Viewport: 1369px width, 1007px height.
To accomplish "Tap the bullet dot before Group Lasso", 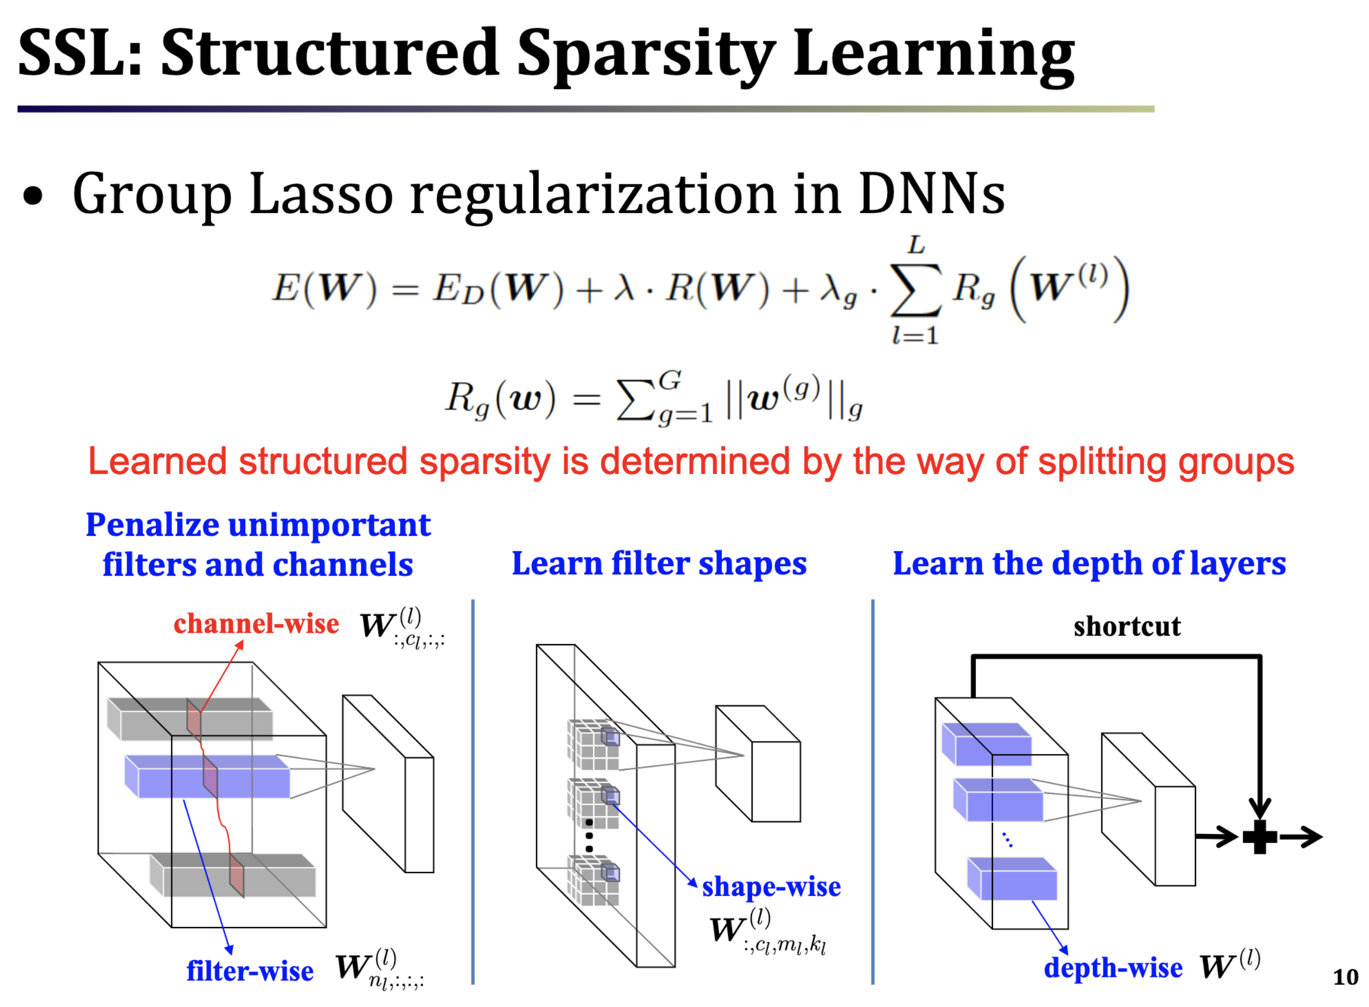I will point(33,196).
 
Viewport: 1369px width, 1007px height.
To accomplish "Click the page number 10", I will point(1345,977).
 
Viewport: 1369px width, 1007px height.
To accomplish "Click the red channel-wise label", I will point(256,624).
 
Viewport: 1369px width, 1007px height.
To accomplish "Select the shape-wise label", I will point(771,886).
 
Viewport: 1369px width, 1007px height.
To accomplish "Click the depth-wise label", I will point(1113,967).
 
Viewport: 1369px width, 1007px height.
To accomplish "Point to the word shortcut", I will point(1126,627).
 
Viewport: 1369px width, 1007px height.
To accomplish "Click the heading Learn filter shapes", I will point(659,564).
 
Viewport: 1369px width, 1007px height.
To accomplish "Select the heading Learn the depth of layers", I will point(1089,564).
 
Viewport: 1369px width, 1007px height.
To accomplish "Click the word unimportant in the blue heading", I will point(329,526).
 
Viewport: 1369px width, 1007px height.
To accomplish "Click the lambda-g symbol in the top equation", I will point(839,291).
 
